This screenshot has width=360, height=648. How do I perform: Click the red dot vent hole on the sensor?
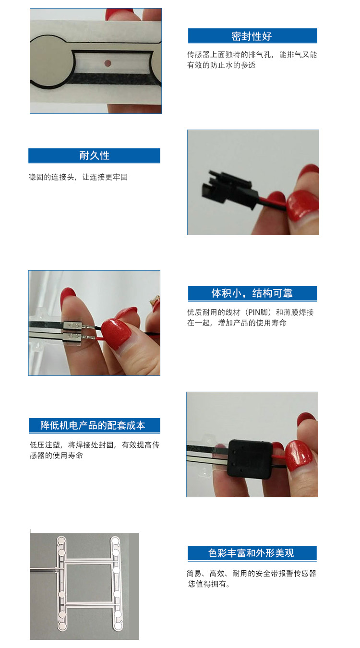108,63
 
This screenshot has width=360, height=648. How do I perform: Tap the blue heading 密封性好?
251,36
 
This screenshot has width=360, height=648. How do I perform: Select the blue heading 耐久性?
95,156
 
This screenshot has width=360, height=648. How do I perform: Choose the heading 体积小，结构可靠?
252,293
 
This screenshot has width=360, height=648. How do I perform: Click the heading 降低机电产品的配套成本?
93,425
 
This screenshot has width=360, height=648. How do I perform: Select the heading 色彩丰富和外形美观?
251,553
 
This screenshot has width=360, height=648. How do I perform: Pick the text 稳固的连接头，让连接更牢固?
78,177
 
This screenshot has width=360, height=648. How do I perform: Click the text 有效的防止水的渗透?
221,65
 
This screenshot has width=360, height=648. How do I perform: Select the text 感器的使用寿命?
57,456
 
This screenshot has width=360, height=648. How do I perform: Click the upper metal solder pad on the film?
73,326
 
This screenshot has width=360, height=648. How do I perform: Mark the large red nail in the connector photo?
303,205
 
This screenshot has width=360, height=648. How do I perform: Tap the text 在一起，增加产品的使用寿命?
237,323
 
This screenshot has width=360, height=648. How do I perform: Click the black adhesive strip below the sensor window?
113,78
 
